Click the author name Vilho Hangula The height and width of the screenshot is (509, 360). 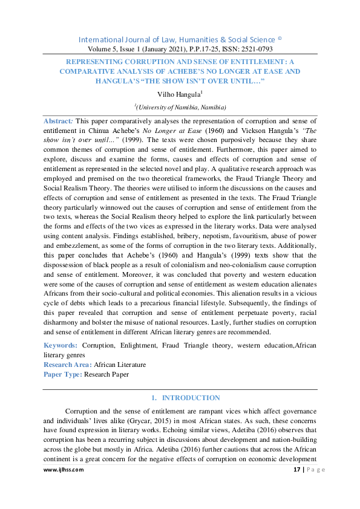(x=178, y=94)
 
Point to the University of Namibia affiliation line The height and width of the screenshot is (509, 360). (x=180, y=107)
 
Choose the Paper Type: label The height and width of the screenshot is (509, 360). (x=63, y=374)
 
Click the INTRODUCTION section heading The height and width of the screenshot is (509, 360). (x=191, y=398)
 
